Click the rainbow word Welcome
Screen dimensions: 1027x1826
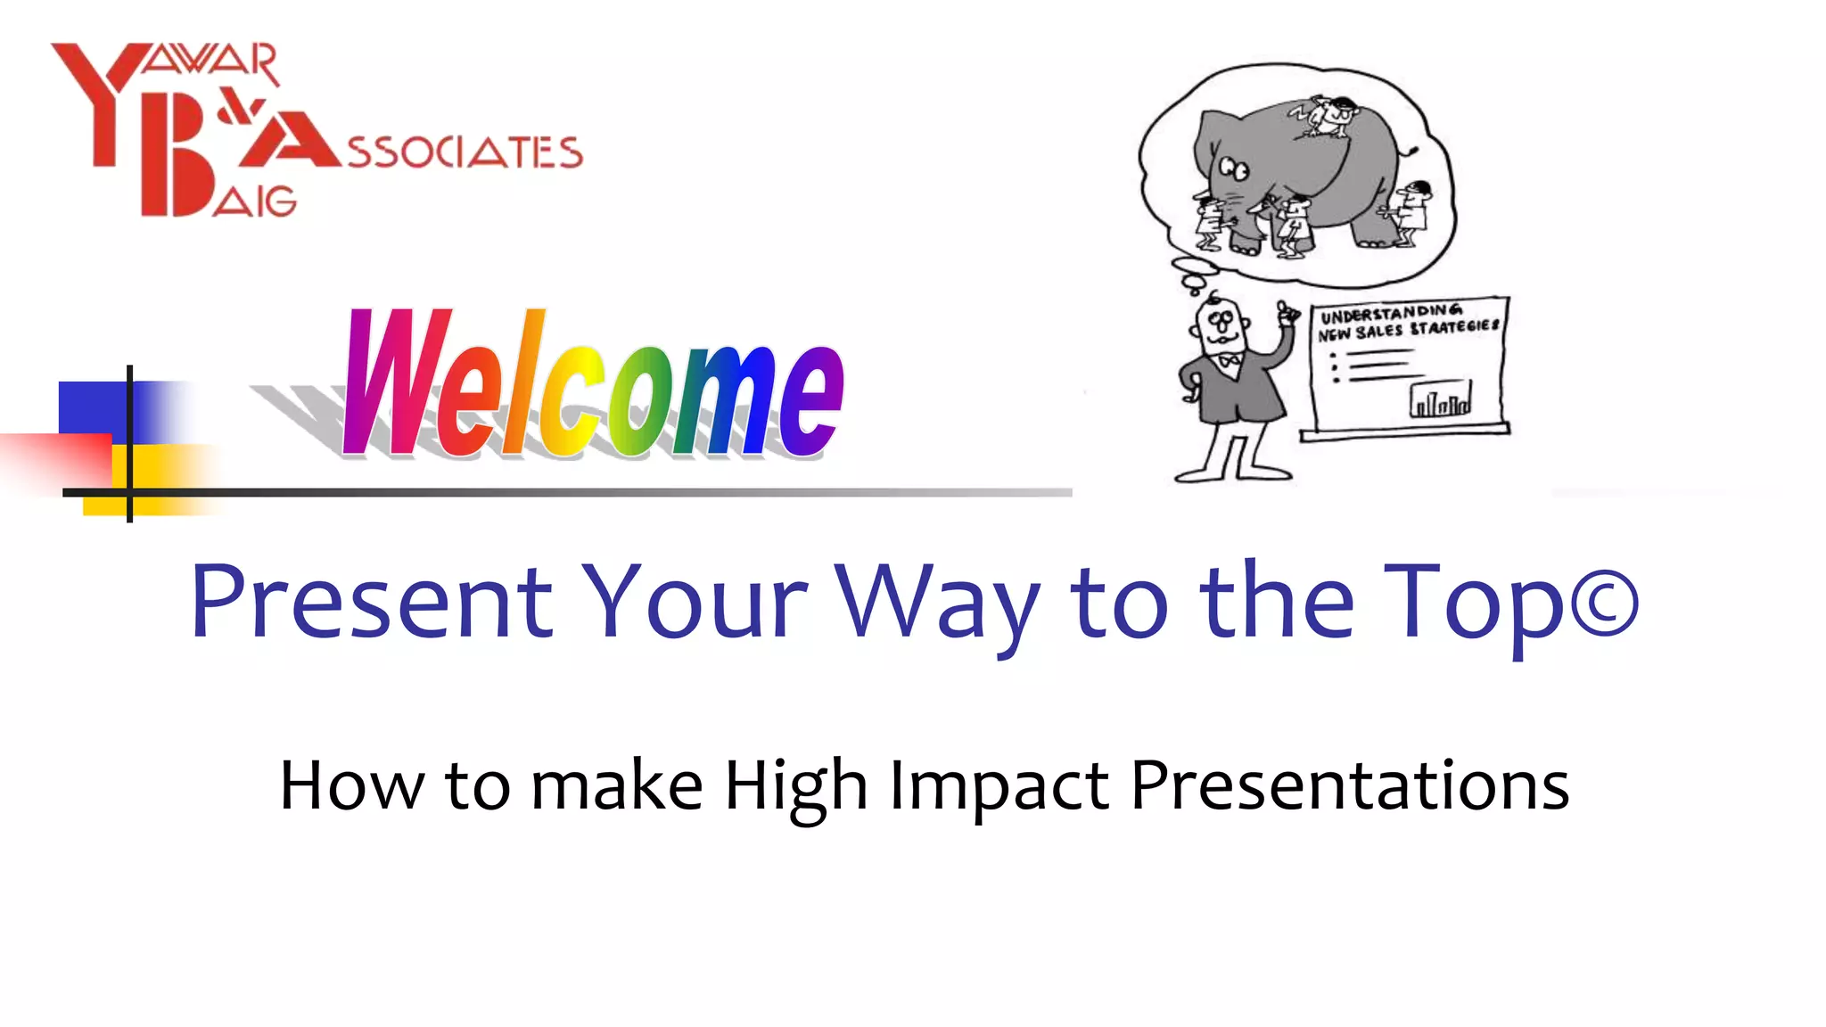pos(593,385)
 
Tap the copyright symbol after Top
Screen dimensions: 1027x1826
pos(1603,604)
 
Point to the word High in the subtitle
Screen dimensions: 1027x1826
pos(795,786)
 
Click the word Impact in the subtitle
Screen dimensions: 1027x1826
pos(999,786)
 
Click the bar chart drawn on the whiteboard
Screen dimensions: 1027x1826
pos(1440,400)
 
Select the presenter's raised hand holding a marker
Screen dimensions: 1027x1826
pos(1286,315)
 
